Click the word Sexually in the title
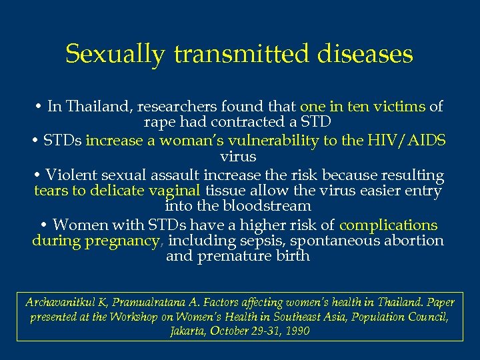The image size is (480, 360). coord(114,54)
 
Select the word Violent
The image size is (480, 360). coord(71,175)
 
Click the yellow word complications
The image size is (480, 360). coord(389,225)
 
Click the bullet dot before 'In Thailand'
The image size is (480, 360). coord(39,106)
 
